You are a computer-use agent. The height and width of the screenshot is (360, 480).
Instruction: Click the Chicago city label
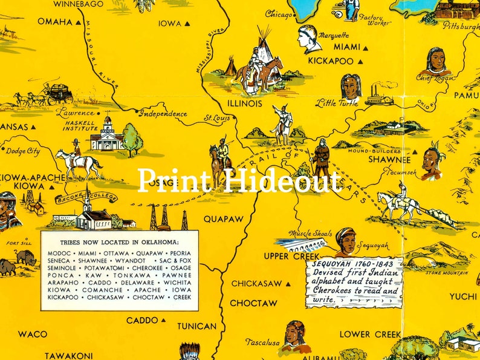[279, 13]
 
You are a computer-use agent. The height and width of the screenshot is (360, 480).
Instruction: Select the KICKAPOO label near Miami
[331, 61]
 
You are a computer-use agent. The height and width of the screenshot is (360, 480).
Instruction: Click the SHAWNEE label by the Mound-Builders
[389, 160]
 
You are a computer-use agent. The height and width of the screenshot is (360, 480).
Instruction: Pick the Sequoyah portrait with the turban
[346, 240]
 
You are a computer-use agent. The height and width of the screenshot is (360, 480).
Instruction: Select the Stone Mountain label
[446, 273]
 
